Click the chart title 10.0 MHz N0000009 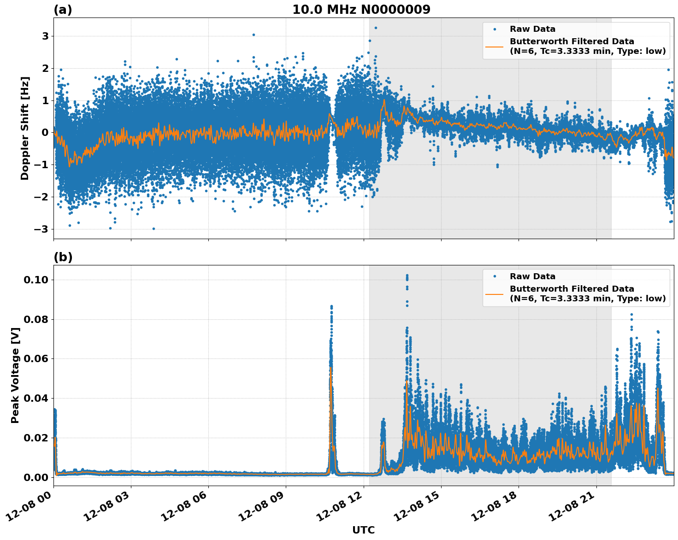[x=361, y=10]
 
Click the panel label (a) [x=63, y=10]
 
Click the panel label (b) [x=63, y=257]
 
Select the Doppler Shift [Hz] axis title [x=25, y=128]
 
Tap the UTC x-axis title [x=363, y=530]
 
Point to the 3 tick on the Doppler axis [x=45, y=36]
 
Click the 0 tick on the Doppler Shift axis [x=45, y=133]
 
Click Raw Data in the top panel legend [x=532, y=29]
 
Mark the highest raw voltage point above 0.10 [x=407, y=276]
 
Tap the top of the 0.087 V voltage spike [x=331, y=306]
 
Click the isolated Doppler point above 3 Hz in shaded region [x=376, y=28]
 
